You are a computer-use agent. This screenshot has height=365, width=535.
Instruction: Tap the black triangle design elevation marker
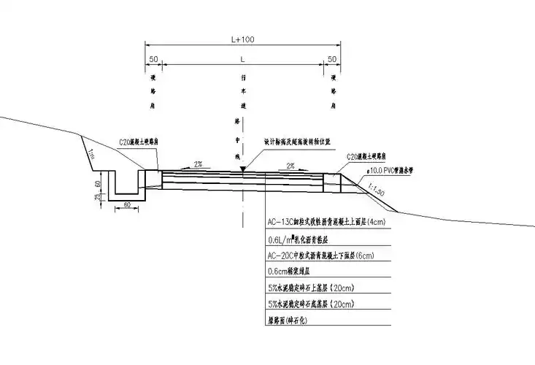[243, 169]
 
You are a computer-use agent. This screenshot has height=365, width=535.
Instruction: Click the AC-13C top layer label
[325, 221]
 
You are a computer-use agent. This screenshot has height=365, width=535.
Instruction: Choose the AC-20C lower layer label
[321, 255]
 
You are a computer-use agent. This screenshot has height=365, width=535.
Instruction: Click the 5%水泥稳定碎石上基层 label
[311, 288]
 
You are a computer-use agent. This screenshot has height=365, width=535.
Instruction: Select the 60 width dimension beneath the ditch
[127, 207]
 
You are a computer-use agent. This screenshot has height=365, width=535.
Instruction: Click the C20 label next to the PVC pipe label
[372, 156]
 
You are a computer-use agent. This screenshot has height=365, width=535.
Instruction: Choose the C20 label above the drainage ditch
[138, 144]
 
